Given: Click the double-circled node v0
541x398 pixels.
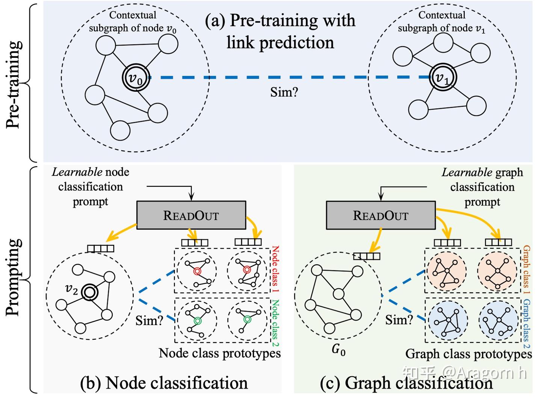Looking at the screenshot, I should pyautogui.click(x=136, y=78).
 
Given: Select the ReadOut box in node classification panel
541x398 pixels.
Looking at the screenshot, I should pyautogui.click(x=191, y=215).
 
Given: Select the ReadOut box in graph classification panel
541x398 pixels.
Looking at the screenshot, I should pyautogui.click(x=381, y=215).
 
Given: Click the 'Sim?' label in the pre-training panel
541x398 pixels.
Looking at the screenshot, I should pyautogui.click(x=284, y=92).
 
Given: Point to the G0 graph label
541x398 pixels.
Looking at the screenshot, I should pyautogui.click(x=338, y=350).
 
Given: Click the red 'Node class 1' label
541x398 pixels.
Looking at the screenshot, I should pyautogui.click(x=275, y=269).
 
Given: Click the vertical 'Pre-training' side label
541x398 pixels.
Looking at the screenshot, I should pyautogui.click(x=14, y=84).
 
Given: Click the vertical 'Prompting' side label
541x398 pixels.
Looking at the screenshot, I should pyautogui.click(x=14, y=277).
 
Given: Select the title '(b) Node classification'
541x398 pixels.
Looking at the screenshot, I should pyautogui.click(x=164, y=383).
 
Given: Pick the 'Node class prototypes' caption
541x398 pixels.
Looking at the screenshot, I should pyautogui.click(x=219, y=353).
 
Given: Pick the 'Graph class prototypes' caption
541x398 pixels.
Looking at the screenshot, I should pyautogui.click(x=468, y=354).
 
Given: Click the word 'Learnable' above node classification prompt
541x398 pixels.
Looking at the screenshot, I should pyautogui.click(x=77, y=172).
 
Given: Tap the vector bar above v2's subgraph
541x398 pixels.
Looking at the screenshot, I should pyautogui.click(x=100, y=248).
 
